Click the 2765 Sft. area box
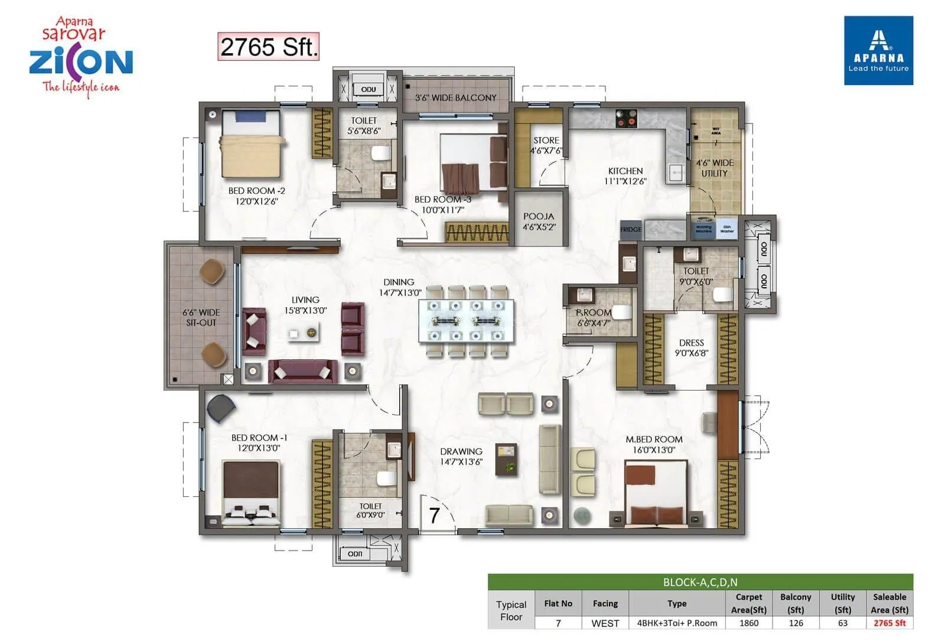point(268,47)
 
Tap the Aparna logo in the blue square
point(878,50)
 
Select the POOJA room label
point(539,221)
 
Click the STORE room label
point(546,145)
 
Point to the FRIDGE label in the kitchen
point(631,229)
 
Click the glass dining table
point(466,321)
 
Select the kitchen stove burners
point(626,119)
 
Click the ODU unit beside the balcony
point(368,89)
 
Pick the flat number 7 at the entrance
point(434,515)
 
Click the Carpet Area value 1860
point(748,623)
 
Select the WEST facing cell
point(605,623)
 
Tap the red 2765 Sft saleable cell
point(889,623)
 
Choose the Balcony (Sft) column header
point(796,603)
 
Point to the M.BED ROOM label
point(654,444)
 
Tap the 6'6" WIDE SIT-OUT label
point(201,317)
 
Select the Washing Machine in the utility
point(703,229)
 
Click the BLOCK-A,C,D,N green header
point(700,582)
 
